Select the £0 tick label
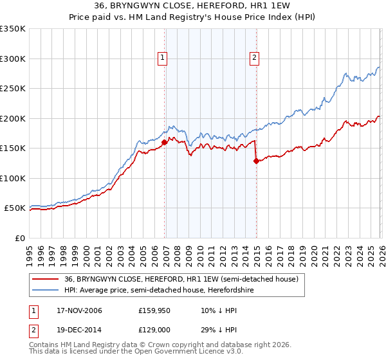tap(19, 238)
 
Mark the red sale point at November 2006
tap(165, 143)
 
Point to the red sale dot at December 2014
tap(256, 161)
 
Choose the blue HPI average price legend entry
tap(174, 290)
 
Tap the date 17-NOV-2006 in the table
tap(80, 310)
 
